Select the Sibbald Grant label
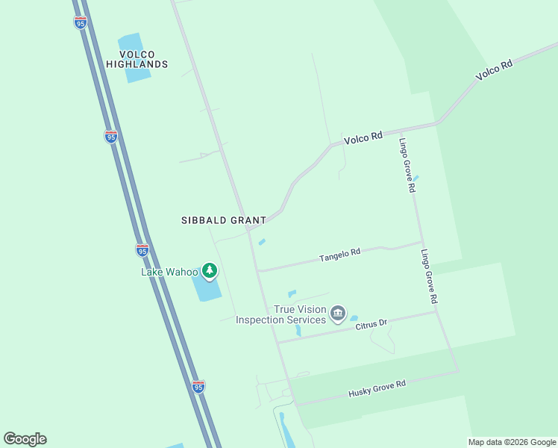(224, 220)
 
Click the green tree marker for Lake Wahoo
(210, 270)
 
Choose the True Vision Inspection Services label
(280, 314)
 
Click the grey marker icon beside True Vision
(338, 312)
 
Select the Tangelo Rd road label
(339, 255)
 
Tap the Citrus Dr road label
(371, 324)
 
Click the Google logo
(25, 439)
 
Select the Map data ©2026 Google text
(511, 442)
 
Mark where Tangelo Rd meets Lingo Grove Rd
(422, 242)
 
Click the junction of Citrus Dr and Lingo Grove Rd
(436, 311)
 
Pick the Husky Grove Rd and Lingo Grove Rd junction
(457, 370)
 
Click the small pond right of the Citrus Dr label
(354, 318)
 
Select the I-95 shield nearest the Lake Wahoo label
(142, 249)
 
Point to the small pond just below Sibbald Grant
(262, 241)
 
